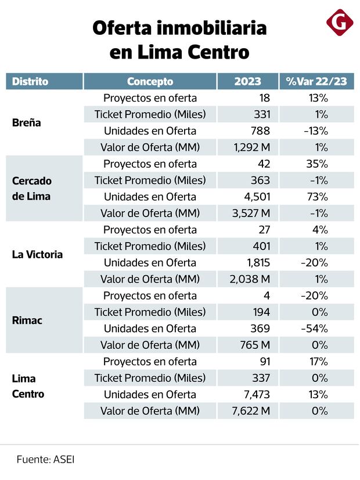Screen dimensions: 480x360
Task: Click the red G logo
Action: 340,23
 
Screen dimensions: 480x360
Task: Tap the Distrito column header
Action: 30,81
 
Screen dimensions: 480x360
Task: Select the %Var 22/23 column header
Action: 316,81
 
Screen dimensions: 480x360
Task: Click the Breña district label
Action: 27,123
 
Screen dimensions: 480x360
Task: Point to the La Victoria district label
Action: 37,254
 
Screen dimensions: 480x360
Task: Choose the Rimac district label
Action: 27,320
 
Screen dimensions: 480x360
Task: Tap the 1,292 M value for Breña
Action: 252,147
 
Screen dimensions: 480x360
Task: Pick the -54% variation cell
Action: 316,329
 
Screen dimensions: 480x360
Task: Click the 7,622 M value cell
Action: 251,411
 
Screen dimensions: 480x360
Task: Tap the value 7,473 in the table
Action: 258,395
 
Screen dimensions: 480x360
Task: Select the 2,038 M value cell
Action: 251,279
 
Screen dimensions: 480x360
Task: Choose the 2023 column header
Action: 248,81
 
